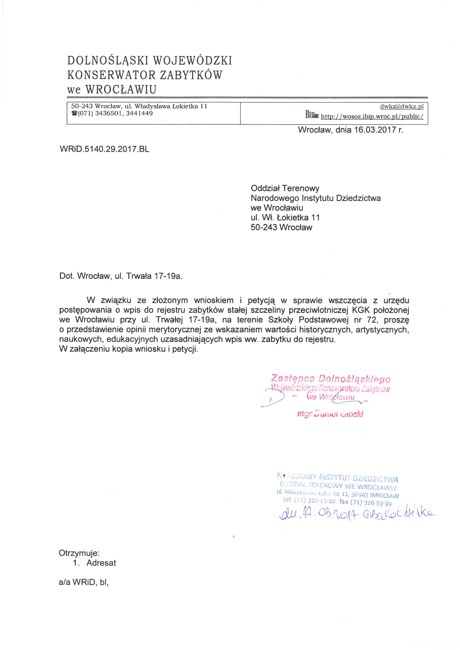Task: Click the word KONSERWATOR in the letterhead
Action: [111, 75]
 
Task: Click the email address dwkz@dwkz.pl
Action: [402, 106]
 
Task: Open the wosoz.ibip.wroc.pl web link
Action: [372, 116]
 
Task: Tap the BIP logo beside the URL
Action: [311, 115]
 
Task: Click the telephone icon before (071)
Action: [74, 113]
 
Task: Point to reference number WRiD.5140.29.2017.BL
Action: [104, 149]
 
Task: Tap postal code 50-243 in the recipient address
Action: [264, 227]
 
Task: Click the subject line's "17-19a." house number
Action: [168, 276]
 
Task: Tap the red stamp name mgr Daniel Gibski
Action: [330, 414]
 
